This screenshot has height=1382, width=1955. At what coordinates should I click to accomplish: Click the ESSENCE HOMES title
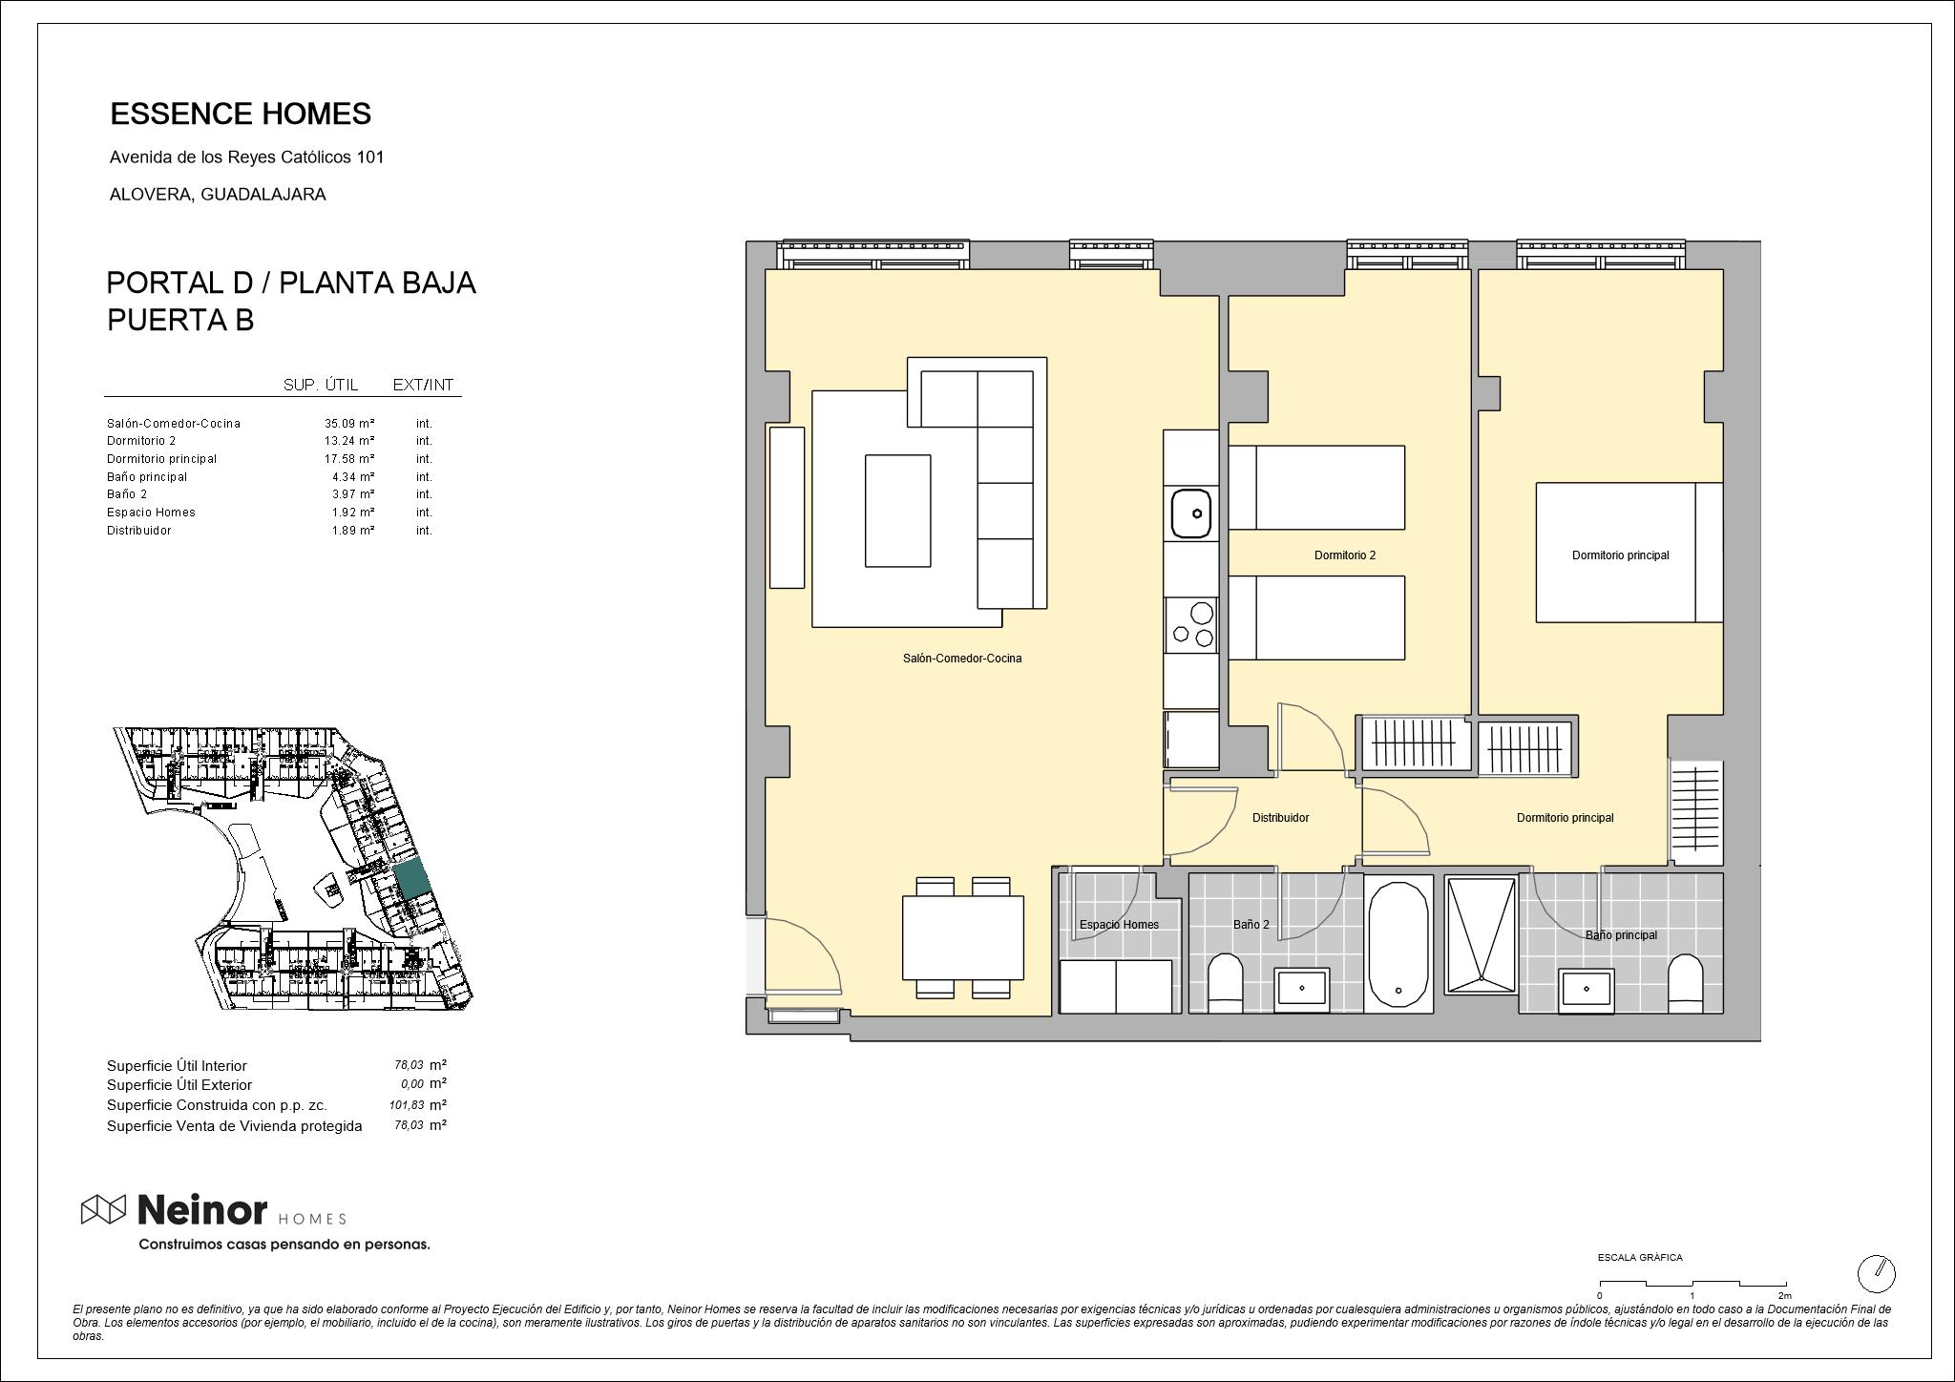[x=241, y=114]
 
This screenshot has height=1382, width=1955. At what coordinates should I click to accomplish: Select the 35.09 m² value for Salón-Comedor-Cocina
[x=348, y=423]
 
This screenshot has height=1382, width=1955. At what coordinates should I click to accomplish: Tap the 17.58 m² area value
[x=348, y=459]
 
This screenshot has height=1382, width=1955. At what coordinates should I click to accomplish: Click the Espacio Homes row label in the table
[x=151, y=513]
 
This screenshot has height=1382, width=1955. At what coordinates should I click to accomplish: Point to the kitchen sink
[x=1191, y=513]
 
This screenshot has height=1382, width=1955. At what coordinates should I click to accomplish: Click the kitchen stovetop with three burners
[x=1191, y=624]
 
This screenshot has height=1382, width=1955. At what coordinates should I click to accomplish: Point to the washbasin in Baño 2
[x=1302, y=988]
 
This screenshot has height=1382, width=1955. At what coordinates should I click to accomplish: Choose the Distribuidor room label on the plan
[x=1280, y=818]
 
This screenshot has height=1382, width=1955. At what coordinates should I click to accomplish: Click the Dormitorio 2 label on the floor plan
[x=1344, y=555]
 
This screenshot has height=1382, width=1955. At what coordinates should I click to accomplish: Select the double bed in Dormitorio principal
[x=1629, y=553]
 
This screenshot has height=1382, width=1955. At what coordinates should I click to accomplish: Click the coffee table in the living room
[x=897, y=511]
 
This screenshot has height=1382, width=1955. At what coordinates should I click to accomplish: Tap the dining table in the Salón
[x=962, y=937]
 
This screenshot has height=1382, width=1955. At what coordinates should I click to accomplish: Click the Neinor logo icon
[x=103, y=1210]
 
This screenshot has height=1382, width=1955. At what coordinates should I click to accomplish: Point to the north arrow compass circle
[x=1876, y=1273]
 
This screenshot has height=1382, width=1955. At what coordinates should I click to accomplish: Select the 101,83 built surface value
[x=406, y=1105]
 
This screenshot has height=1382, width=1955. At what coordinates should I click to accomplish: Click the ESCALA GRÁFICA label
[x=1640, y=1258]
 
